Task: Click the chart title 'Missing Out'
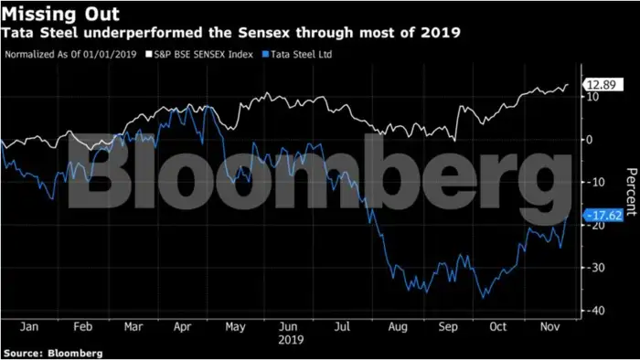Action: [48, 14]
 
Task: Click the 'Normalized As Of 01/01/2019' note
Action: [72, 54]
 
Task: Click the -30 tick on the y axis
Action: [594, 268]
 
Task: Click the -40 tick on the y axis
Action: [594, 311]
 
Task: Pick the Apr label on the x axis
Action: [183, 325]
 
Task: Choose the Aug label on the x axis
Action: [397, 325]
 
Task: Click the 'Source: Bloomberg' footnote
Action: [52, 353]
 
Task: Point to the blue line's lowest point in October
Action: [484, 298]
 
